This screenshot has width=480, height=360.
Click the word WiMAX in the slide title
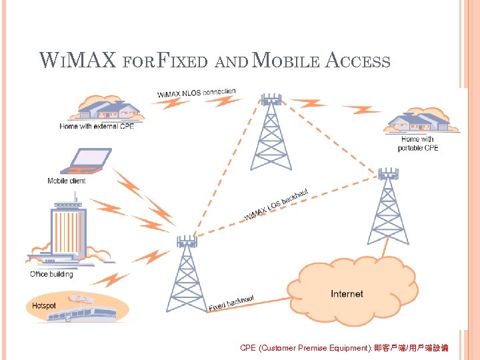68,62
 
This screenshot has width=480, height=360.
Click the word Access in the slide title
358,62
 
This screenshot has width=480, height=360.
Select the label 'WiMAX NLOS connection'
197,93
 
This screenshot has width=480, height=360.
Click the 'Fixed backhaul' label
231,303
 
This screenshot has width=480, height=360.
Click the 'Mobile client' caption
67,181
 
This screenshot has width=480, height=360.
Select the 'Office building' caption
52,274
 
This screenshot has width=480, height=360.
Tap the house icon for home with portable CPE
417,123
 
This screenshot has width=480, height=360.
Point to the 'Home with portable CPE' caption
418,143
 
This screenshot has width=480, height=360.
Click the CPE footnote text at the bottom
344,348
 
